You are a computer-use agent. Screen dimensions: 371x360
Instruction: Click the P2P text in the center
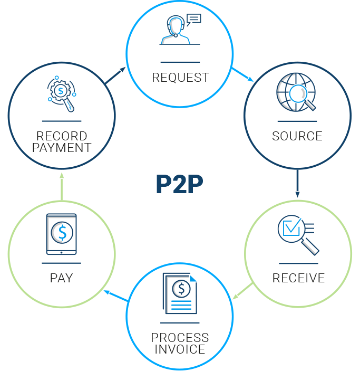179,184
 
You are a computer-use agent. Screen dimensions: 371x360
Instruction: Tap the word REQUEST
180,78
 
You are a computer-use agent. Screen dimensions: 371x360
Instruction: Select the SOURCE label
297,136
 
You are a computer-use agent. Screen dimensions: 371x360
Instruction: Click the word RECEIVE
298,278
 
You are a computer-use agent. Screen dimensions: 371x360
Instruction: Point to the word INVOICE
180,349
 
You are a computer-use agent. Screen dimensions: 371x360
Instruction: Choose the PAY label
61,278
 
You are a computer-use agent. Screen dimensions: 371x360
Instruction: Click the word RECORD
62,136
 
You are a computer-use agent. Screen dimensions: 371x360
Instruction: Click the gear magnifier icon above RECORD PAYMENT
62,94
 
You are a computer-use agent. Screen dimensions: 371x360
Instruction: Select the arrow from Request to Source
242,74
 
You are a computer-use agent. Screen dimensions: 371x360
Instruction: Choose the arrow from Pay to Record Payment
62,186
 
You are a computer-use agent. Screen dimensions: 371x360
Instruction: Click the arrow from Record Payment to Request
116,76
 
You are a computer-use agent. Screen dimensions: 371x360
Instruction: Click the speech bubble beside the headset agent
194,20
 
